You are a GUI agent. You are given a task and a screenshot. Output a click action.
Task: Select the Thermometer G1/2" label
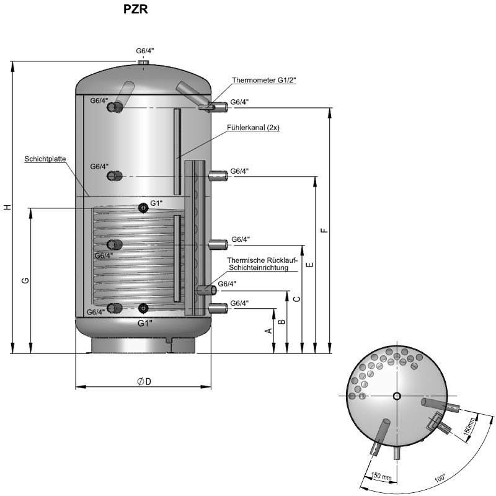tap(264, 80)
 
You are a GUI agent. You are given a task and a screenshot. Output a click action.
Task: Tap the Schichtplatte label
tap(45, 159)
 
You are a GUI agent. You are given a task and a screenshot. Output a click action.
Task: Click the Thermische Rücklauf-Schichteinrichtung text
tap(259, 264)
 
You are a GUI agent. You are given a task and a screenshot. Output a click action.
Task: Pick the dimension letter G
tap(25, 280)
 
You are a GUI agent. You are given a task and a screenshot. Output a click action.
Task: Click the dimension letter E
tap(309, 265)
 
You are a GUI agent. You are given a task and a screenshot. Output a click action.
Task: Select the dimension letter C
tap(296, 299)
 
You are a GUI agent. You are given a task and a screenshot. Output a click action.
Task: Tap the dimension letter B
tap(281, 322)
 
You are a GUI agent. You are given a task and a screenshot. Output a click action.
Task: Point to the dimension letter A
tap(268, 330)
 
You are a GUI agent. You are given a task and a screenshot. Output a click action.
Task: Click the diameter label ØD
tap(144, 381)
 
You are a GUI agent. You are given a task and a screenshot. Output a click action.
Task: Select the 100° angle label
tap(440, 477)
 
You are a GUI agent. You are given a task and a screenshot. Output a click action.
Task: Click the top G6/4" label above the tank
tap(145, 50)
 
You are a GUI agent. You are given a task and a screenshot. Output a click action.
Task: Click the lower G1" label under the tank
tap(144, 323)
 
